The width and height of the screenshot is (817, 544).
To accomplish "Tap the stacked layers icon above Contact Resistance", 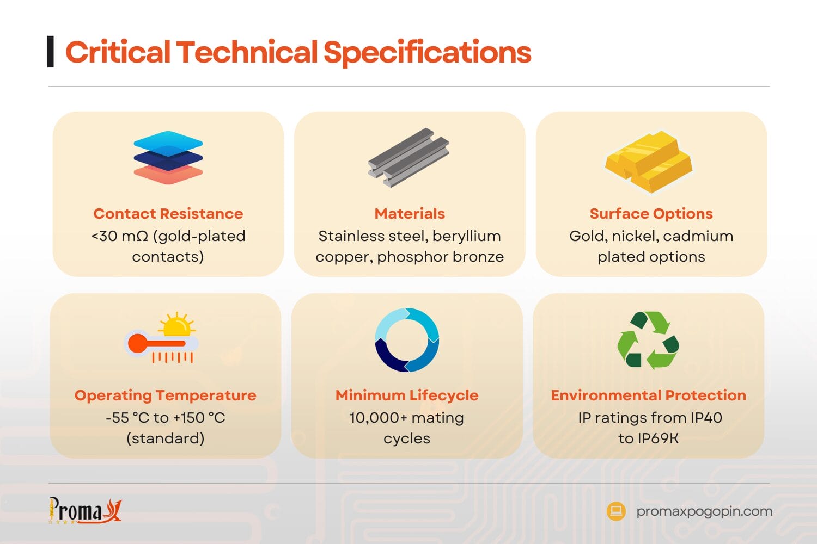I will click(168, 157).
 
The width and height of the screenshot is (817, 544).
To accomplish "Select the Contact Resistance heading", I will click(168, 214).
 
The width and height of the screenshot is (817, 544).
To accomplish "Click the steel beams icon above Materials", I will click(408, 157).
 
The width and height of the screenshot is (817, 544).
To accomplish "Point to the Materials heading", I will click(410, 214).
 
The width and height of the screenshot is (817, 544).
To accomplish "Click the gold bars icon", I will click(649, 162).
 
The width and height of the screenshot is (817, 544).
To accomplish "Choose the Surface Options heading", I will click(651, 214).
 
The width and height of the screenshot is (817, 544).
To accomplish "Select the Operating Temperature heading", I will click(165, 395).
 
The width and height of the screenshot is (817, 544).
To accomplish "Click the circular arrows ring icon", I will click(407, 340).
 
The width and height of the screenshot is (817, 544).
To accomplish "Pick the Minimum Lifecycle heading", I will click(407, 395).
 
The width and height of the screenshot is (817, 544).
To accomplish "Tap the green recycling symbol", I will click(648, 340).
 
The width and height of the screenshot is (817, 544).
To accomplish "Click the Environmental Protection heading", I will click(648, 395).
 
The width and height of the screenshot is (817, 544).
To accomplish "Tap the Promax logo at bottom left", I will click(85, 510).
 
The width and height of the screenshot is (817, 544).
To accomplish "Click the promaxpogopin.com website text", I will click(704, 511).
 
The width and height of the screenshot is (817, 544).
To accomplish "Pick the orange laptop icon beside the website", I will click(616, 511).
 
